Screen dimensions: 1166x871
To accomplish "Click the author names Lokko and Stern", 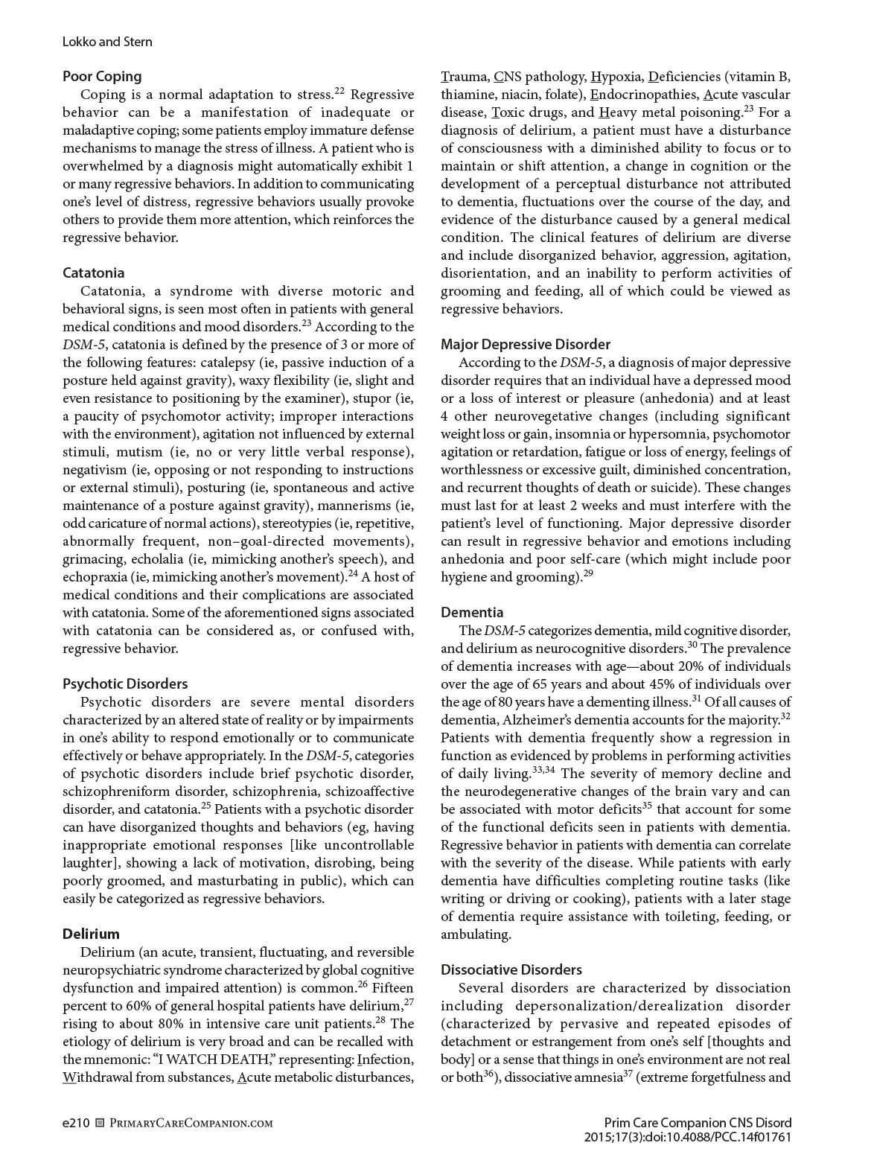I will tap(107, 42).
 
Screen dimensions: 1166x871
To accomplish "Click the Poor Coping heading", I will tap(102, 76).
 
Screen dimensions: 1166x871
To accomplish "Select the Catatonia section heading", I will tap(93, 273).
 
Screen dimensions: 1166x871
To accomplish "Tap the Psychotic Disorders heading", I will tap(125, 684).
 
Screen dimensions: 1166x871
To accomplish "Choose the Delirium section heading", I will tap(91, 934).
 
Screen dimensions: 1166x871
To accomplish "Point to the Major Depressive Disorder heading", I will tap(526, 344).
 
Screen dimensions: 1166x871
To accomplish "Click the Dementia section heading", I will tap(472, 612).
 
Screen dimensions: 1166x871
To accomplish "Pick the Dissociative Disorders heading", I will tap(511, 969).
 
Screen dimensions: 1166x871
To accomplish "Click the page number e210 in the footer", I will tap(76, 1123).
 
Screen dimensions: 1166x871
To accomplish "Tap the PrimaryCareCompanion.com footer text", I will tap(191, 1123).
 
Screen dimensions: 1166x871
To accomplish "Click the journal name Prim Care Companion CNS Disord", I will tap(698, 1123).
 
